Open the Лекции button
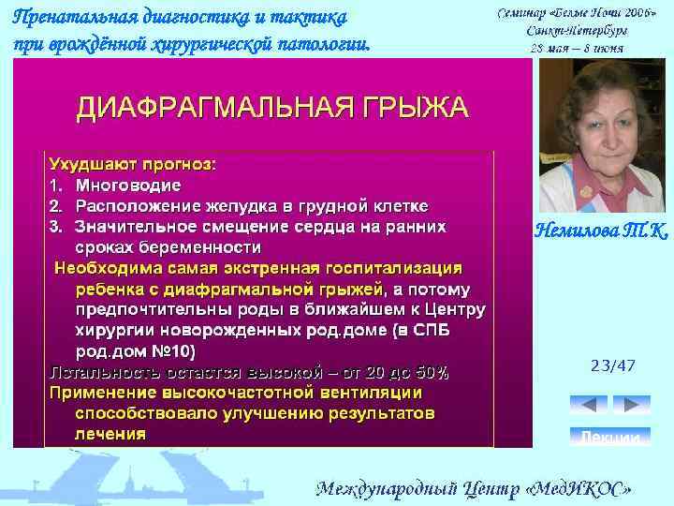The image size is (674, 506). click(x=610, y=437)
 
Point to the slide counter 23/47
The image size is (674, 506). click(x=612, y=365)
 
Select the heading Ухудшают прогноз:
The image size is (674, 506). click(x=132, y=164)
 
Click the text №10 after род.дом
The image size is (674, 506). click(x=172, y=351)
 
